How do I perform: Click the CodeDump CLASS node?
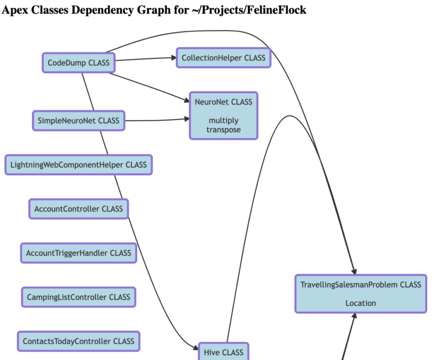(x=78, y=63)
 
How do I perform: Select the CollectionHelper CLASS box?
(x=224, y=58)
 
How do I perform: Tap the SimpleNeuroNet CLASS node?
(x=78, y=121)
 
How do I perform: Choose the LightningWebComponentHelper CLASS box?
(x=78, y=165)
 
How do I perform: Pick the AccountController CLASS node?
(x=78, y=209)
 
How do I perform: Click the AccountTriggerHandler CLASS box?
(x=78, y=253)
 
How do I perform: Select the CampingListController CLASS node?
(x=78, y=297)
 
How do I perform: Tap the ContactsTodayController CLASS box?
(x=78, y=341)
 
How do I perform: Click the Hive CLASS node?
(x=224, y=352)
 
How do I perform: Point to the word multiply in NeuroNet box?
(x=224, y=121)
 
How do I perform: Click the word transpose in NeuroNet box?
(x=224, y=130)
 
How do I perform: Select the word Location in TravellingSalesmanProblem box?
(x=361, y=303)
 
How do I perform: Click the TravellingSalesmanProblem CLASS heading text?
(x=361, y=285)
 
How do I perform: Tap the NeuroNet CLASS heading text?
(x=224, y=102)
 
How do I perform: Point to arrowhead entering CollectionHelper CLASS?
(x=174, y=58)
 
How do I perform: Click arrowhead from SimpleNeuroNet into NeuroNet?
(x=187, y=119)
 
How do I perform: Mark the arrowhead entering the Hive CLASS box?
(x=196, y=347)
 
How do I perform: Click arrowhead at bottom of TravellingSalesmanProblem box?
(x=354, y=316)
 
